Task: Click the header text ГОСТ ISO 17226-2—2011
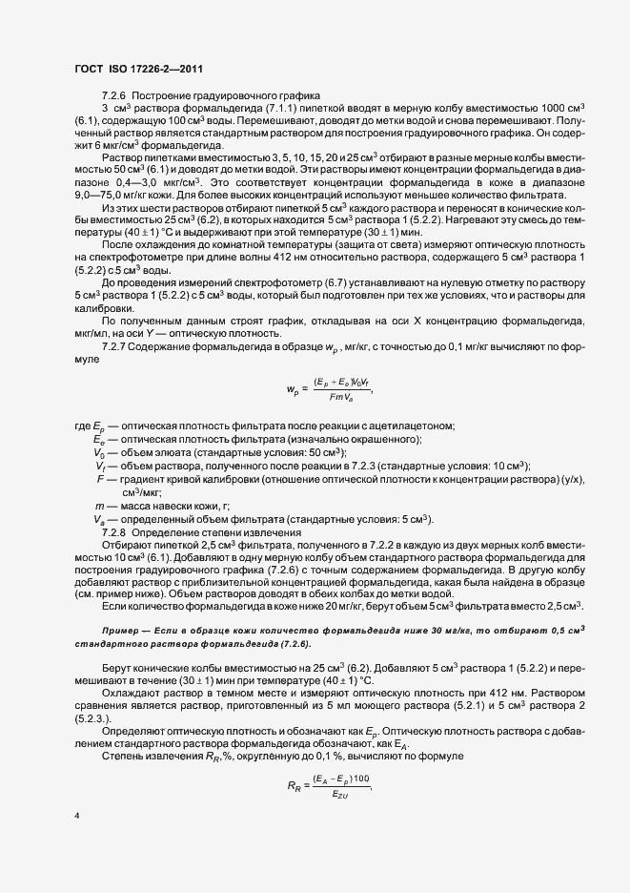138,70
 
